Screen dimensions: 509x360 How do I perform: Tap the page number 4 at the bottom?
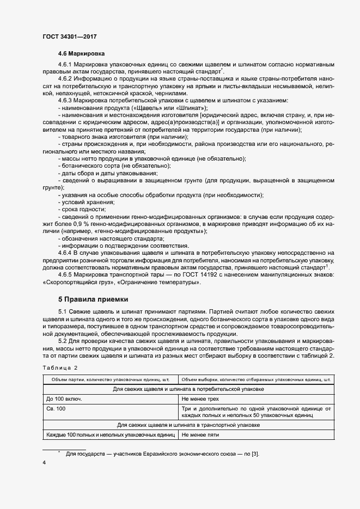pyautogui.click(x=44, y=463)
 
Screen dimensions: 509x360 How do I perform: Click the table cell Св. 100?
pyautogui.click(x=56, y=408)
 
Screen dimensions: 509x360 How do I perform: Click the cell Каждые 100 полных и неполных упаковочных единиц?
pyautogui.click(x=110, y=435)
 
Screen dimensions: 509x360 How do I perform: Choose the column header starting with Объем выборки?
pyautogui.click(x=256, y=379)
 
